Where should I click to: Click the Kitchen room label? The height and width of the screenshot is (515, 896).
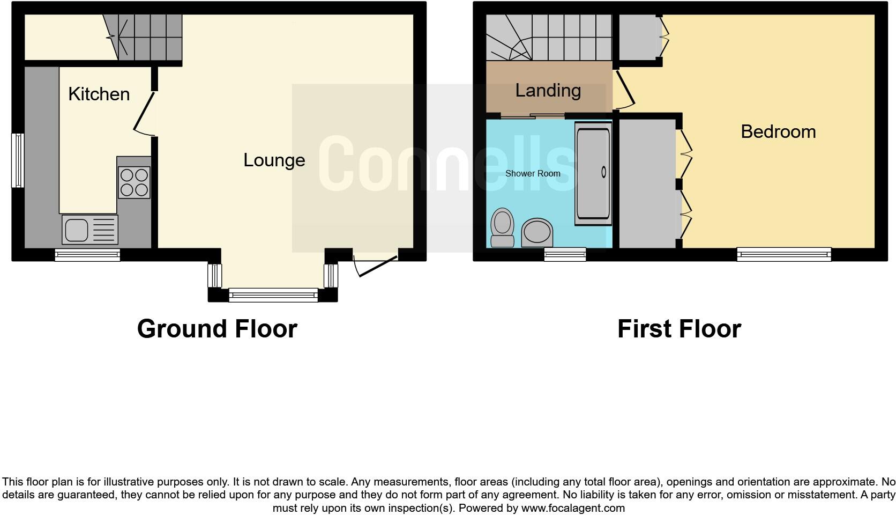tap(99, 94)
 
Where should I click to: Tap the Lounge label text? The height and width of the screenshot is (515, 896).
tap(274, 160)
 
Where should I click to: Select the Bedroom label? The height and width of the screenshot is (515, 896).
tap(778, 131)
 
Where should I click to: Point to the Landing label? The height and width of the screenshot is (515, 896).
tap(548, 90)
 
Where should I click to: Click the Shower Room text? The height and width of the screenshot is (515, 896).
tap(533, 173)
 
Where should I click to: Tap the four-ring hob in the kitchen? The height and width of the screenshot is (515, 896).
tap(134, 182)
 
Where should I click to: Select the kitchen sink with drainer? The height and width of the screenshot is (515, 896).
tap(89, 229)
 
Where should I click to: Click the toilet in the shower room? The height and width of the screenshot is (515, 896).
tap(502, 227)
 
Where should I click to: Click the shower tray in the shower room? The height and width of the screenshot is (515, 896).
tap(593, 173)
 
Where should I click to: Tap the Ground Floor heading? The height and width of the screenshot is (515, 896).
tap(217, 328)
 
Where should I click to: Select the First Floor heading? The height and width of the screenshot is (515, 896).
tap(679, 328)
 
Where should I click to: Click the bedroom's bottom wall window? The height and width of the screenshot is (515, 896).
tap(783, 254)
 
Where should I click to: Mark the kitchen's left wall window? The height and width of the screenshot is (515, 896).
tap(18, 160)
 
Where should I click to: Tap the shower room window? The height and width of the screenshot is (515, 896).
tap(565, 254)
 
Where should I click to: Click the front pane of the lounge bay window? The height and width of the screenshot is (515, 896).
tap(273, 295)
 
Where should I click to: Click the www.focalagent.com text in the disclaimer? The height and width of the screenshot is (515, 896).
tap(573, 507)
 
